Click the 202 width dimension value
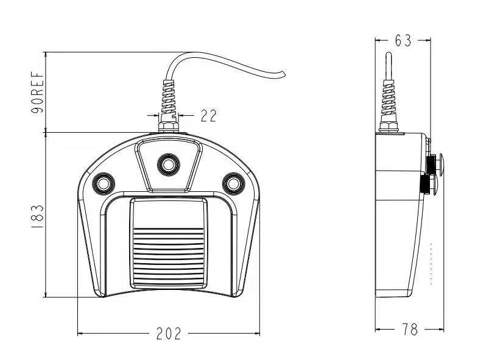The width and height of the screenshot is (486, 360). [x=169, y=333]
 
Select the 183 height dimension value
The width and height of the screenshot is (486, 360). [x=38, y=216]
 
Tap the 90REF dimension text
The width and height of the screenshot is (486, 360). [x=38, y=93]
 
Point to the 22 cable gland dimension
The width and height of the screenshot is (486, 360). [x=208, y=115]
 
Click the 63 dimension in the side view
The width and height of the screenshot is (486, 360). [x=403, y=40]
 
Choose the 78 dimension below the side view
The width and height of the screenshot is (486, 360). [x=410, y=330]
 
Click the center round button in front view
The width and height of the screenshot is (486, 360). [x=167, y=163]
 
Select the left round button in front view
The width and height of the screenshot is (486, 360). [x=102, y=182]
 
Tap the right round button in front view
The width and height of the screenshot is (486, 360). [x=233, y=182]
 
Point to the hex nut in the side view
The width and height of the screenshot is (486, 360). [x=388, y=127]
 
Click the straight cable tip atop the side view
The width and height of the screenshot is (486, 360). [x=388, y=58]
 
